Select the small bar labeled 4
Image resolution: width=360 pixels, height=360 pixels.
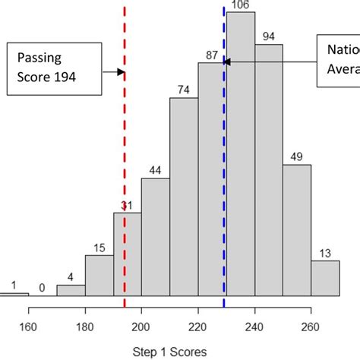71,290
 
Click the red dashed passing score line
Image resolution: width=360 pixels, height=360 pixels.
124,152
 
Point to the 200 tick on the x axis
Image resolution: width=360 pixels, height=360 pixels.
141,311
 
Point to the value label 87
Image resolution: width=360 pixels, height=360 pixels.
212,55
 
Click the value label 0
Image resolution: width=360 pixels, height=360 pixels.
43,287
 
